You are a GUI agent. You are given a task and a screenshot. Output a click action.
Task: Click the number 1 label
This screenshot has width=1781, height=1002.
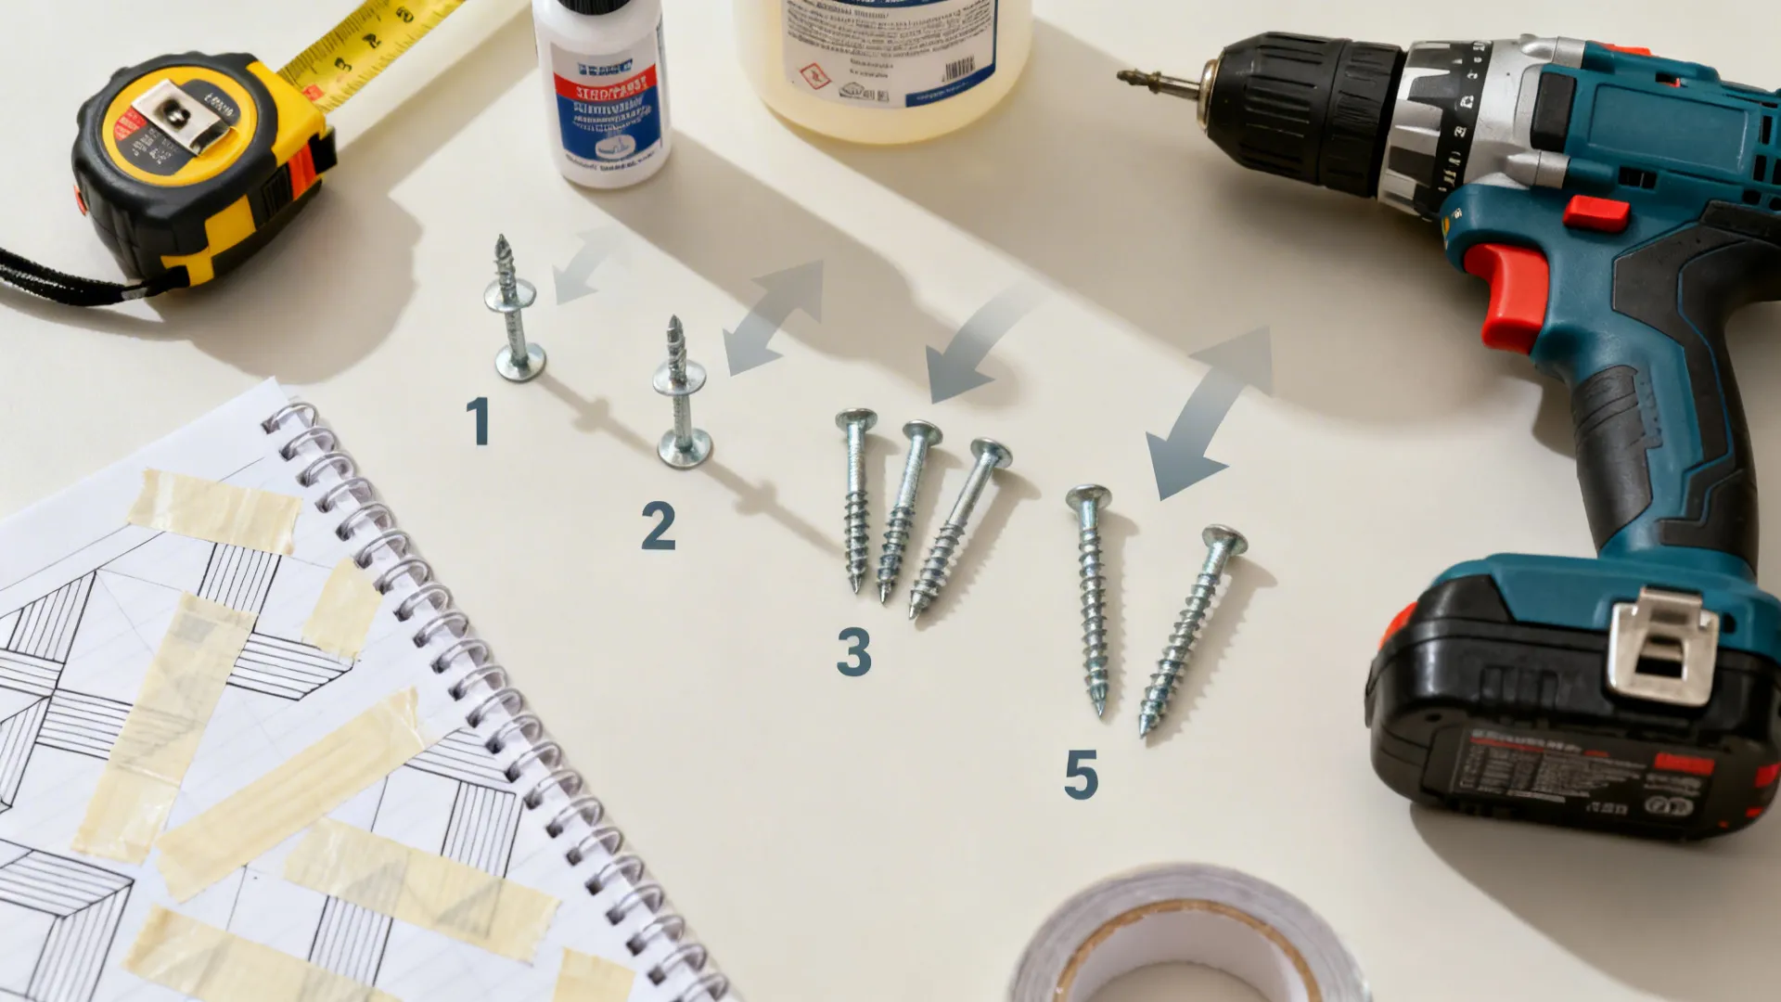point(478,421)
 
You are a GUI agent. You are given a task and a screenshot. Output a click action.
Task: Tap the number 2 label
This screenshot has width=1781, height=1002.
point(658,526)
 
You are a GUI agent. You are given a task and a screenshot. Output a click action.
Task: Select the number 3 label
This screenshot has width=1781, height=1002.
point(853,651)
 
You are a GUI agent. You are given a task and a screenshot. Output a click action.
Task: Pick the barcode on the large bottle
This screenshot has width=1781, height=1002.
point(958,71)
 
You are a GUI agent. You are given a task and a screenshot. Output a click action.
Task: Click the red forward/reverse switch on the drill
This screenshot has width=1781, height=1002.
point(1595,213)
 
